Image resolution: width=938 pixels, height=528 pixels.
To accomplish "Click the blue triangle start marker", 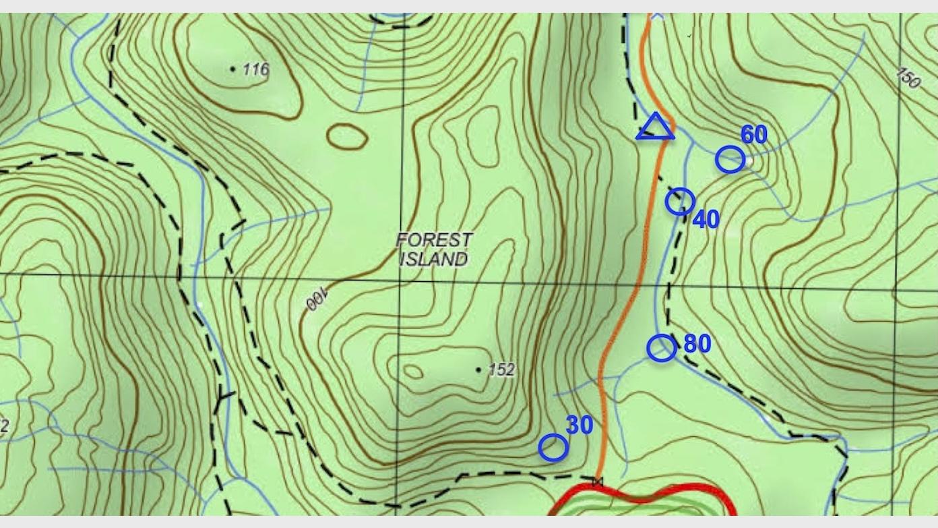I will pos(654,128).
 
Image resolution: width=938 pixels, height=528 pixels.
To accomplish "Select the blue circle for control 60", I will pos(730,160).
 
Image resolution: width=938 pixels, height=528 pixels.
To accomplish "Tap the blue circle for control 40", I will pos(680,201).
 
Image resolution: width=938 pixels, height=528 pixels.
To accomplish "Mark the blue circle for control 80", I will pos(661,348).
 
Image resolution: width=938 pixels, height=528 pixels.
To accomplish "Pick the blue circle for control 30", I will pos(553,447).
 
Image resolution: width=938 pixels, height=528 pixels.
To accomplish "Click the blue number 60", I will pos(754,135).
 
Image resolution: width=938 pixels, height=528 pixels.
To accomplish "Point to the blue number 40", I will pos(706,219).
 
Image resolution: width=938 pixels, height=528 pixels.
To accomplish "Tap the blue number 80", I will pos(697,344).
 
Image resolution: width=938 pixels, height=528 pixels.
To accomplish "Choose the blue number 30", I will pos(579,425).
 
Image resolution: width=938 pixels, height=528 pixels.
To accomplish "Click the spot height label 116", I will pos(256,69).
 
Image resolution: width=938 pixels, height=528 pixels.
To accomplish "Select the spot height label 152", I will pos(501,370).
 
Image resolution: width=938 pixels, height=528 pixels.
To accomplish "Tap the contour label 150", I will pos(909,78).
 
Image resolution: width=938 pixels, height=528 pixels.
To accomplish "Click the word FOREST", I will pos(435,240).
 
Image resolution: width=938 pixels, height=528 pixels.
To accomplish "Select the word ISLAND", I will pos(434,258).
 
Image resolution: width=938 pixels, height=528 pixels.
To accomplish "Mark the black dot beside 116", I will pos(233,68).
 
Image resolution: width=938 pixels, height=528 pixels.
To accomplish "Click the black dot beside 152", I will pos(478,370).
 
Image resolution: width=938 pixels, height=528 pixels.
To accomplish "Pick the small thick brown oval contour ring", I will pos(347,137).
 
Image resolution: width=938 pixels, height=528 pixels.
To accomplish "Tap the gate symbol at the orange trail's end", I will pos(597,481).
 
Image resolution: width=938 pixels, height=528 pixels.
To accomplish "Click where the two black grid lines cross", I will pos(400,276).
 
